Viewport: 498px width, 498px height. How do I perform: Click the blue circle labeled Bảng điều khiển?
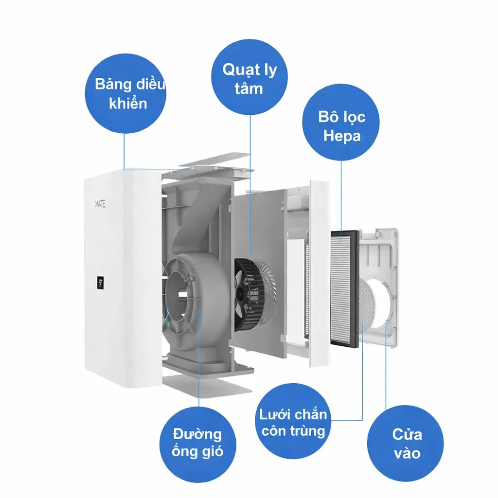click(125, 93)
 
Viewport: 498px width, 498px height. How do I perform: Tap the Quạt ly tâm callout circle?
click(249, 77)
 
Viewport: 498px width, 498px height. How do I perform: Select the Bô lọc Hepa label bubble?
click(341, 122)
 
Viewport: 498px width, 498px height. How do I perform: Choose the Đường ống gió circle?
click(198, 445)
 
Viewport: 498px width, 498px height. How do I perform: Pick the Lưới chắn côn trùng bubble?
click(293, 421)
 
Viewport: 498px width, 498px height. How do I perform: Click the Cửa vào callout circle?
click(406, 444)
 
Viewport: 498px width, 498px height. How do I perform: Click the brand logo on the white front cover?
click(100, 204)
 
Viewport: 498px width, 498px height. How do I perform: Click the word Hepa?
click(342, 136)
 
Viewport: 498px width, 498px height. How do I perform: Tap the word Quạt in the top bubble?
click(236, 70)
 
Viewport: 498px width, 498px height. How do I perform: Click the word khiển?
click(128, 104)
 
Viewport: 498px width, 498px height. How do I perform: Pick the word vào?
click(407, 453)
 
